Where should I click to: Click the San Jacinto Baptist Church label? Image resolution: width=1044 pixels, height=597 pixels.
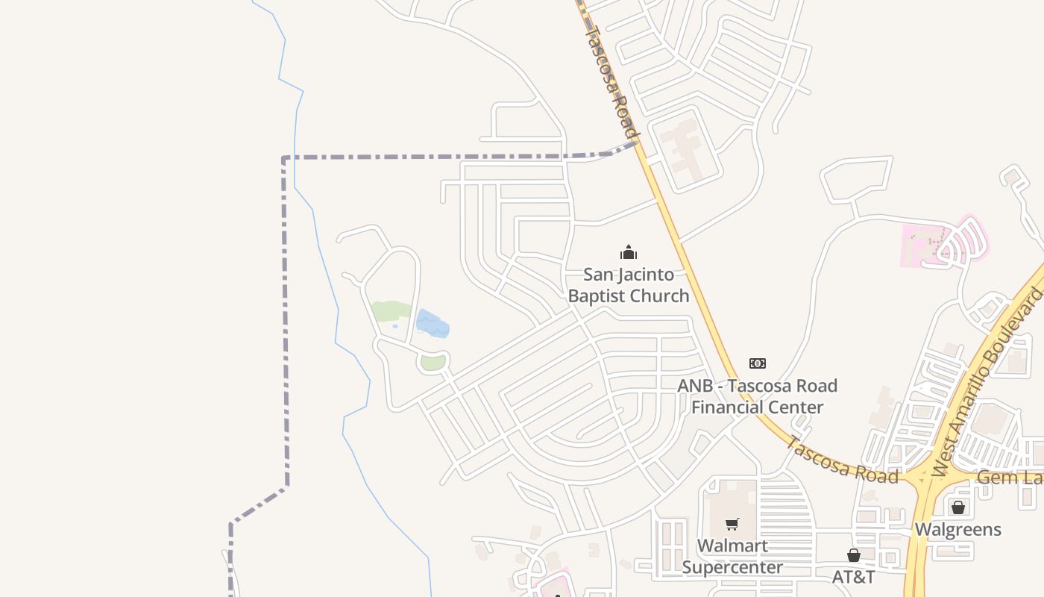coord(628,285)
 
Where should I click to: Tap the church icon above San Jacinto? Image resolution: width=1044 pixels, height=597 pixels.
coord(629,252)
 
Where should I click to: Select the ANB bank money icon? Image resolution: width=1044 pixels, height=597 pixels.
coord(757,363)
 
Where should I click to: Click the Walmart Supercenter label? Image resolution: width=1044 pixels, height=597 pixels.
coord(732,557)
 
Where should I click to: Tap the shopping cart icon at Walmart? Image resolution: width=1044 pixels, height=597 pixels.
coord(732,525)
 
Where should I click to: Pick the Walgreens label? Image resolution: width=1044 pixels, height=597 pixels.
coord(957,530)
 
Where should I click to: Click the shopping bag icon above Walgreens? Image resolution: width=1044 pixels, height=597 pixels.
coord(958,507)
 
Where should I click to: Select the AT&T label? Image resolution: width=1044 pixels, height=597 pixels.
coord(853,577)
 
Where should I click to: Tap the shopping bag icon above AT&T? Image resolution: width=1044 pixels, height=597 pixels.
coord(854,555)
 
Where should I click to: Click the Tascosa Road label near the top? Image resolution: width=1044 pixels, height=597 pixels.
coord(611,81)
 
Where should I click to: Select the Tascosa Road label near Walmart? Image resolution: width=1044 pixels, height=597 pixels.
coord(841,459)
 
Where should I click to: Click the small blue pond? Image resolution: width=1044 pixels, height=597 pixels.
coord(432,324)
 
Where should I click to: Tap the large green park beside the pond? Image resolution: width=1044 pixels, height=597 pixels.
coord(390,311)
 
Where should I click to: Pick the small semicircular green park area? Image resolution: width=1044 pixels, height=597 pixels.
coord(433,363)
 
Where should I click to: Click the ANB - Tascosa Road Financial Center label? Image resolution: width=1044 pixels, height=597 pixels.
coord(757,396)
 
